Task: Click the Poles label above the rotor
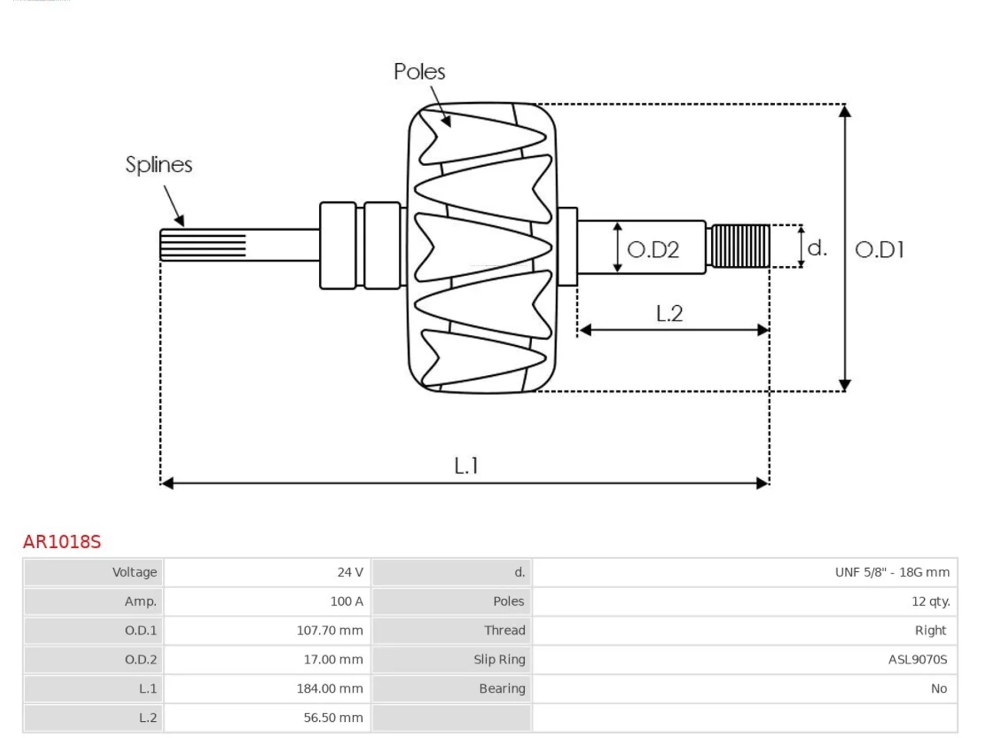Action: pyautogui.click(x=419, y=71)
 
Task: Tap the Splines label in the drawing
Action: pyautogui.click(x=158, y=165)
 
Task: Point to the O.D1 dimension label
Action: pyautogui.click(x=879, y=250)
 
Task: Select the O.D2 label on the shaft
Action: pyautogui.click(x=653, y=250)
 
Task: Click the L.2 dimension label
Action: pyautogui.click(x=669, y=313)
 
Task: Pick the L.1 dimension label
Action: pyautogui.click(x=466, y=466)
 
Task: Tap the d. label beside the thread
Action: pyautogui.click(x=816, y=248)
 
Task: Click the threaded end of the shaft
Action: pyautogui.click(x=740, y=247)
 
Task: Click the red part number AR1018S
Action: pyautogui.click(x=61, y=542)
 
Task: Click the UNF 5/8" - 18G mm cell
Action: pyautogui.click(x=892, y=572)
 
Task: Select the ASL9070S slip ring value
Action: pyautogui.click(x=918, y=660)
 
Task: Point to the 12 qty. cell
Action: pyautogui.click(x=931, y=601)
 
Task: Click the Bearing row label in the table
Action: pyautogui.click(x=502, y=689)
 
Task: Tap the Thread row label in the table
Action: pyautogui.click(x=504, y=630)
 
